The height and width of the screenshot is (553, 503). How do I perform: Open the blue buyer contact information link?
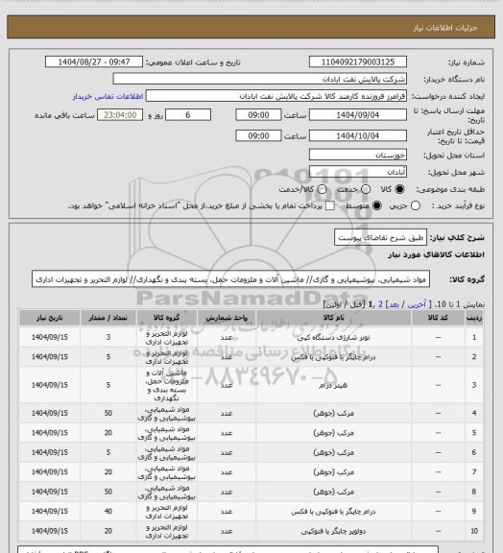108,97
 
